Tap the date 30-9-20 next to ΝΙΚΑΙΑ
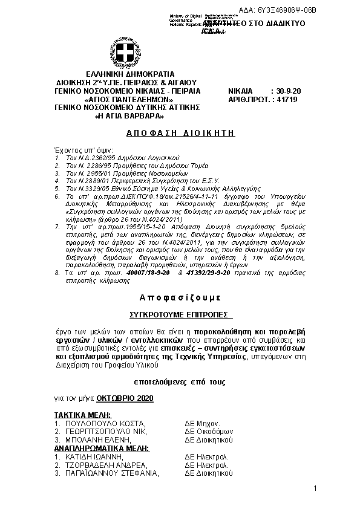pos(289,90)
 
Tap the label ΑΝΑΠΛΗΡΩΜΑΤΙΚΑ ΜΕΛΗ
pos(97,449)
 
